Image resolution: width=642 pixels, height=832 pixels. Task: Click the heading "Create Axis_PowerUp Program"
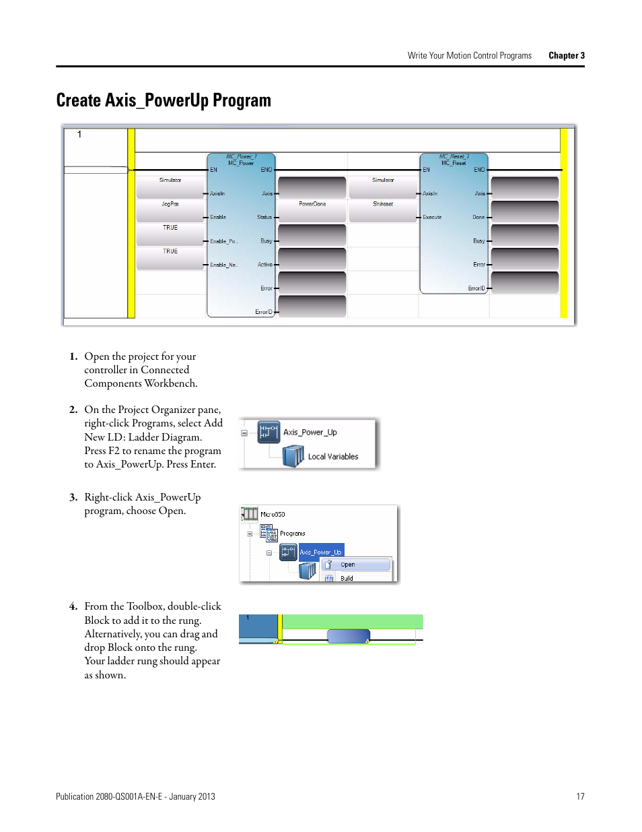click(x=164, y=100)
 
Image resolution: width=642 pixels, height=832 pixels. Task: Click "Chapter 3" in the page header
click(x=566, y=56)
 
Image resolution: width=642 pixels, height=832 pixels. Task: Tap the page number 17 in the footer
click(x=580, y=796)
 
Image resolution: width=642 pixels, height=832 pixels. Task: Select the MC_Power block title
click(x=241, y=163)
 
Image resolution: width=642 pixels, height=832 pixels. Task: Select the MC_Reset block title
click(x=454, y=163)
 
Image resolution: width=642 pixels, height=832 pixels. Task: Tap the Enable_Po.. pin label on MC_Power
click(x=223, y=241)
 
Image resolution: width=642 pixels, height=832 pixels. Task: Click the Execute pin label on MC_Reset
click(x=432, y=217)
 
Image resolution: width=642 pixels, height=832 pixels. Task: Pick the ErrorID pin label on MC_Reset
click(x=476, y=288)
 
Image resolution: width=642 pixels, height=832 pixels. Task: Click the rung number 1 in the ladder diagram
click(x=79, y=135)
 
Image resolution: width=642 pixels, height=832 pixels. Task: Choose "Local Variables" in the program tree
click(x=332, y=457)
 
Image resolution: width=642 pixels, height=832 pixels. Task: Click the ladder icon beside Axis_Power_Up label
click(x=269, y=433)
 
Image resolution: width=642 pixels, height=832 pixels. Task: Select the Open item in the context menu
click(x=348, y=565)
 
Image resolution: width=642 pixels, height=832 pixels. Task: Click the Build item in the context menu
click(x=347, y=578)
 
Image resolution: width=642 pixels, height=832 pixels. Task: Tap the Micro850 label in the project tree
click(x=273, y=514)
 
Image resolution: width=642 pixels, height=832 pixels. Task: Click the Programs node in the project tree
click(x=293, y=534)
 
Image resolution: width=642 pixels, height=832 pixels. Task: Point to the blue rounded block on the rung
click(x=349, y=636)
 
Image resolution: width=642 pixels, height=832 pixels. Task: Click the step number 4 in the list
click(x=73, y=606)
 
